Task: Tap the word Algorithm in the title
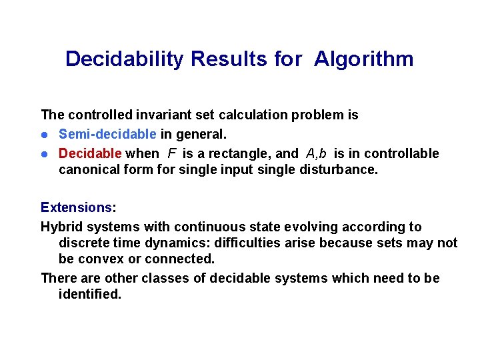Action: tap(364, 59)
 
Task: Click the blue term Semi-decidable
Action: tap(107, 134)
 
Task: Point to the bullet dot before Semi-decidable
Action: tap(45, 135)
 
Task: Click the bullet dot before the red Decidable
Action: tap(45, 154)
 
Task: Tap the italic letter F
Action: tap(172, 153)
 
